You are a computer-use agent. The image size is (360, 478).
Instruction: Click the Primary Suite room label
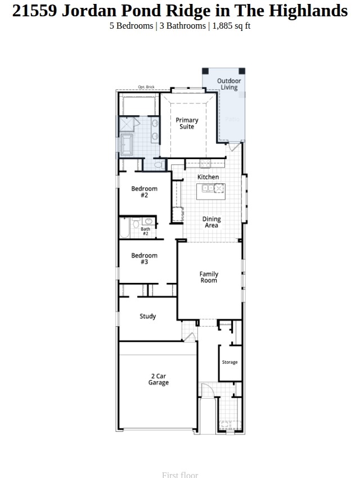click(x=187, y=123)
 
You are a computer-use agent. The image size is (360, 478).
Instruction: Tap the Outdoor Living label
click(x=229, y=84)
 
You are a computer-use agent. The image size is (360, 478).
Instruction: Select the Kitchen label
click(x=208, y=177)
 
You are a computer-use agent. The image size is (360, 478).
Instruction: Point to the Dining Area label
click(x=211, y=222)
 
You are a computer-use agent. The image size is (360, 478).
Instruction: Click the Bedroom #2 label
click(x=145, y=192)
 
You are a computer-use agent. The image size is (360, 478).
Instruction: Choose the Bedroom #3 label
click(x=145, y=259)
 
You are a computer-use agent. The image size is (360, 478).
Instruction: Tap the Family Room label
click(x=209, y=277)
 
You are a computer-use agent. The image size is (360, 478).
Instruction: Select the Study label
click(x=148, y=317)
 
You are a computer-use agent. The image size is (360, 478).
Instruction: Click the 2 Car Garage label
click(x=159, y=379)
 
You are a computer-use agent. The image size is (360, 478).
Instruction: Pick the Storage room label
click(x=229, y=362)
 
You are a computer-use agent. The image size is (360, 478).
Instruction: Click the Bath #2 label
click(x=145, y=231)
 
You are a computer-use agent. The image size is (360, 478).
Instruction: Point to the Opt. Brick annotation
click(x=146, y=87)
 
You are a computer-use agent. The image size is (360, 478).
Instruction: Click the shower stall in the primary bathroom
click(x=128, y=124)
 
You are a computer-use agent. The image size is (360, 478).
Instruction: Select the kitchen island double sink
click(x=208, y=187)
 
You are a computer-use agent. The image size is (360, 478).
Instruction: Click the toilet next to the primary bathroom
click(x=159, y=165)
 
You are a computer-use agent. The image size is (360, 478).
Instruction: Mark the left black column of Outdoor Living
click(x=205, y=71)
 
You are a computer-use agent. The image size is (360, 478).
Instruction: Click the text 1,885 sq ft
click(x=231, y=26)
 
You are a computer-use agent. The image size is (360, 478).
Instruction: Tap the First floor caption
click(x=180, y=475)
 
